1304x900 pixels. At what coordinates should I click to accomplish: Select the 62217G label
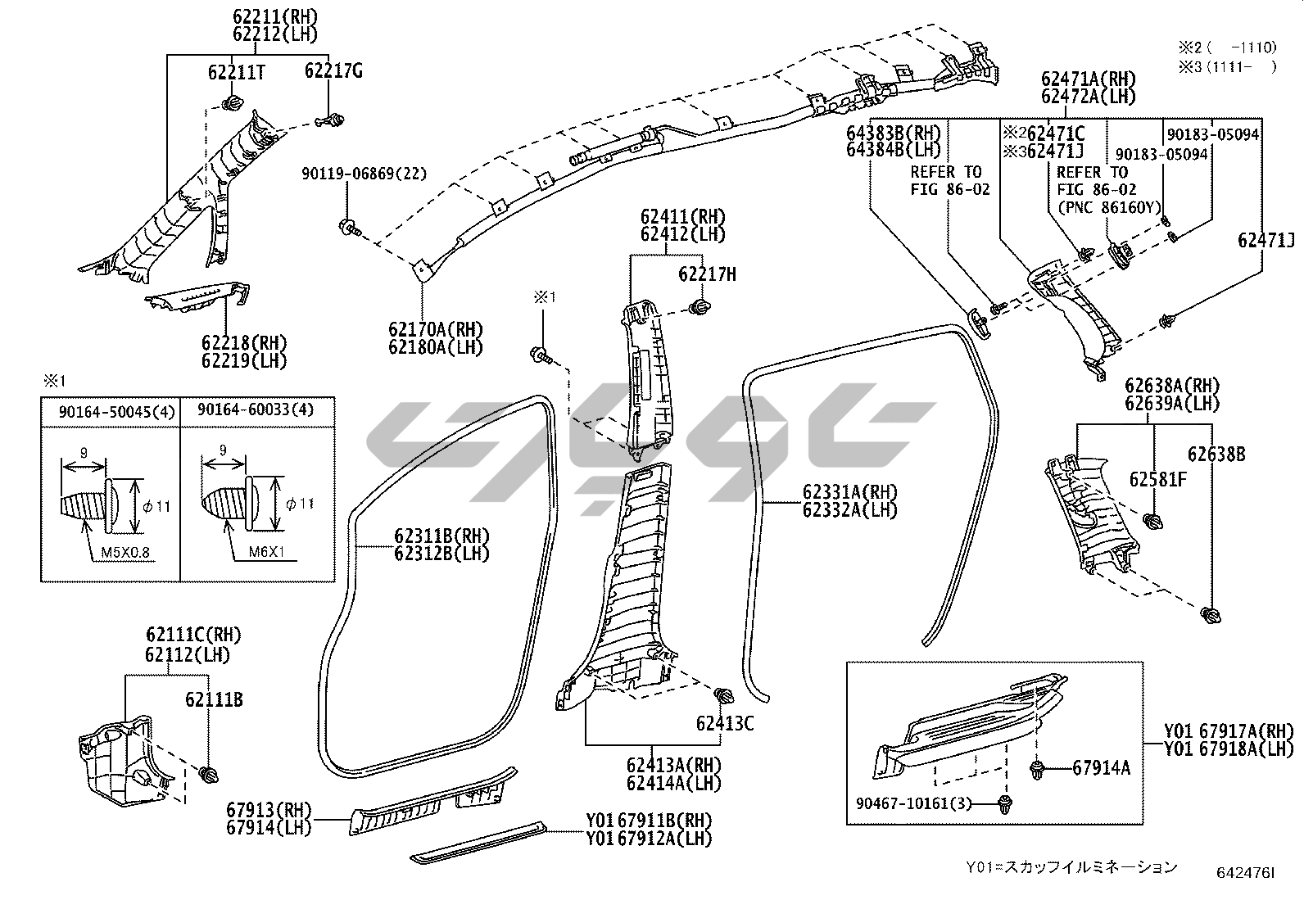pos(333,71)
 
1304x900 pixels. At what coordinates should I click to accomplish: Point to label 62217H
pos(707,275)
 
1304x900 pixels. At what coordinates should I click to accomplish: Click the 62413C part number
pos(725,723)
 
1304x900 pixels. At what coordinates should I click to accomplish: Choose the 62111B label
pos(214,700)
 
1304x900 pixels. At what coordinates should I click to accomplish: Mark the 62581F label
pos(1157,479)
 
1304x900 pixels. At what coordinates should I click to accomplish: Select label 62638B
pos(1216,454)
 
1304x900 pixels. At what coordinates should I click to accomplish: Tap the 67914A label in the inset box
pos(1102,767)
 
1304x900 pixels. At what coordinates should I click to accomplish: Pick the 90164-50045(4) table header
pos(116,410)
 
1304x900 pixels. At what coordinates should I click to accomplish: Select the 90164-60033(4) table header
pos(256,410)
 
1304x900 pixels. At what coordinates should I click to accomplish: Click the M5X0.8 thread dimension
pos(125,553)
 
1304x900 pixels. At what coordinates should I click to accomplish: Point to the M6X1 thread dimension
pos(266,553)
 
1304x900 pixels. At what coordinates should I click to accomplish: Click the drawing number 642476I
pos(1245,874)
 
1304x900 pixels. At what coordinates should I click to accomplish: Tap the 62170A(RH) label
pos(436,329)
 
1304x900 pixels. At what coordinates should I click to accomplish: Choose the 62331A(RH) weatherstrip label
pos(850,492)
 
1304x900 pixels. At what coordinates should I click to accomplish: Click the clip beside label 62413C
pos(723,697)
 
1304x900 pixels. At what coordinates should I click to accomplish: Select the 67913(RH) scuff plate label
pos(269,810)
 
